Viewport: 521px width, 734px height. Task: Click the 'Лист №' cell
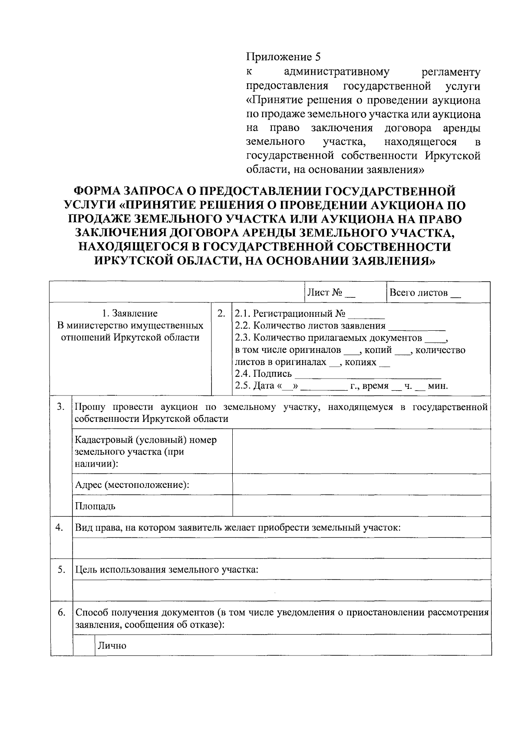coord(331,293)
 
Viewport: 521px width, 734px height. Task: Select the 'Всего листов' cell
coord(425,293)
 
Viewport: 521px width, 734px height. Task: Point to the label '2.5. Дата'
coord(254,386)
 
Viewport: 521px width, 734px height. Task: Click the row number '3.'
coord(61,407)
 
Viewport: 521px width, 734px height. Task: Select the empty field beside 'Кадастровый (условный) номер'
coord(361,451)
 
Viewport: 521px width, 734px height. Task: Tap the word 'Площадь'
coord(95,506)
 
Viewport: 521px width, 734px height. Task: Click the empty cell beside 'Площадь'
coord(361,506)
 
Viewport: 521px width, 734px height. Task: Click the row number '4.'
coord(61,527)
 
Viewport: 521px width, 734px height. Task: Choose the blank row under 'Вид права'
coord(281,548)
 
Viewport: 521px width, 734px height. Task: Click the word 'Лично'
coord(112,645)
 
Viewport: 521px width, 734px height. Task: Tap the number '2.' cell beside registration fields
coord(221,313)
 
